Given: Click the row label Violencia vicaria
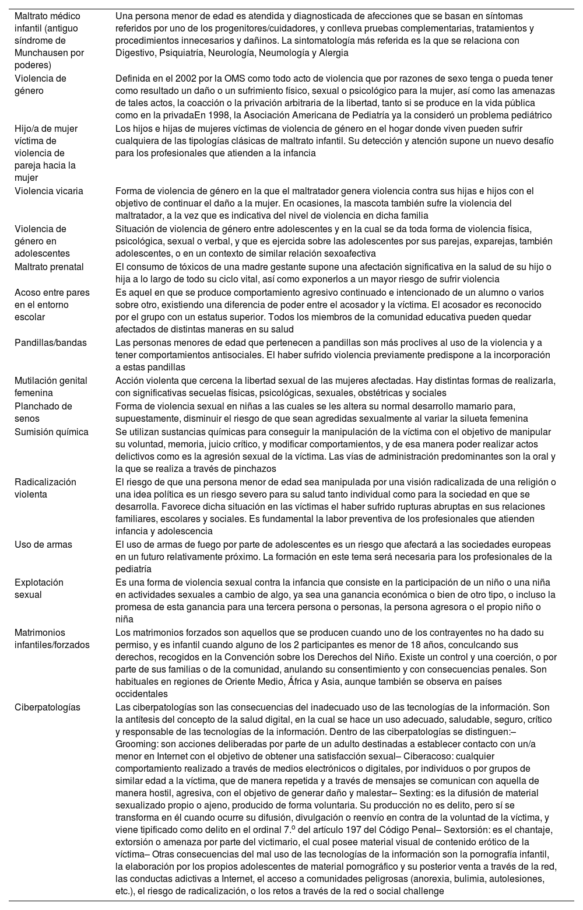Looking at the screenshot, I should (x=49, y=191).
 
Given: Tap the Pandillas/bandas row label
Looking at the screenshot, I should (x=51, y=342).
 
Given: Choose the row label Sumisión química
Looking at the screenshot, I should (x=51, y=432).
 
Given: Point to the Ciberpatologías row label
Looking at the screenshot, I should (x=47, y=708).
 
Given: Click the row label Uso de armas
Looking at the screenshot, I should (x=43, y=545).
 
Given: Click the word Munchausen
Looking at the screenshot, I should (x=40, y=53).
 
